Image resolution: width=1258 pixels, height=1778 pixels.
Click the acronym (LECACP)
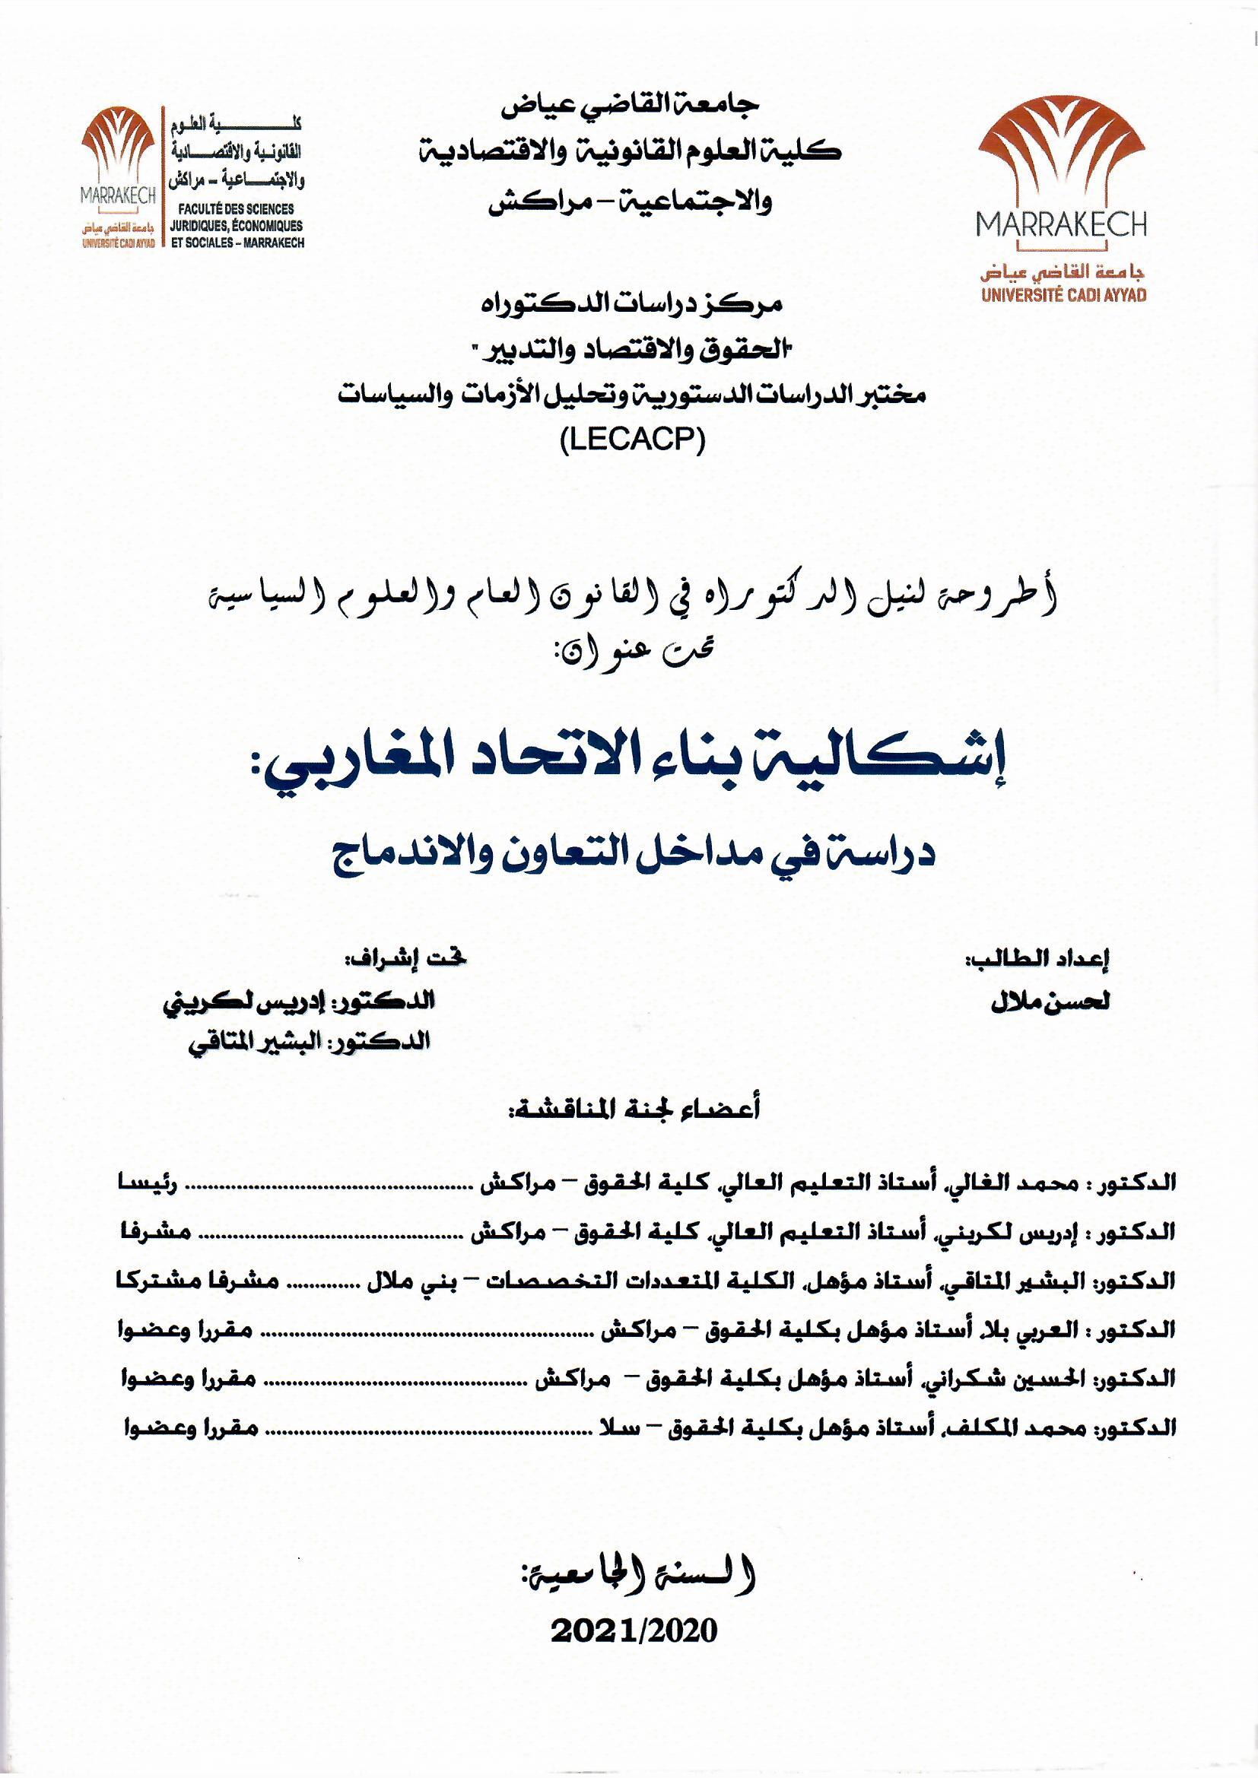629,440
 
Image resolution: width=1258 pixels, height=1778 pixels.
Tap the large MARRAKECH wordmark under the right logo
1061,225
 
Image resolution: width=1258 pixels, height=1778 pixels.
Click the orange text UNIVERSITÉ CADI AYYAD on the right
1063,295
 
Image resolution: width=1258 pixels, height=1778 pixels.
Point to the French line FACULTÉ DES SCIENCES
236,209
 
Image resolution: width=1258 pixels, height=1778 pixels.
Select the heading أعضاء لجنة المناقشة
634,1110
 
